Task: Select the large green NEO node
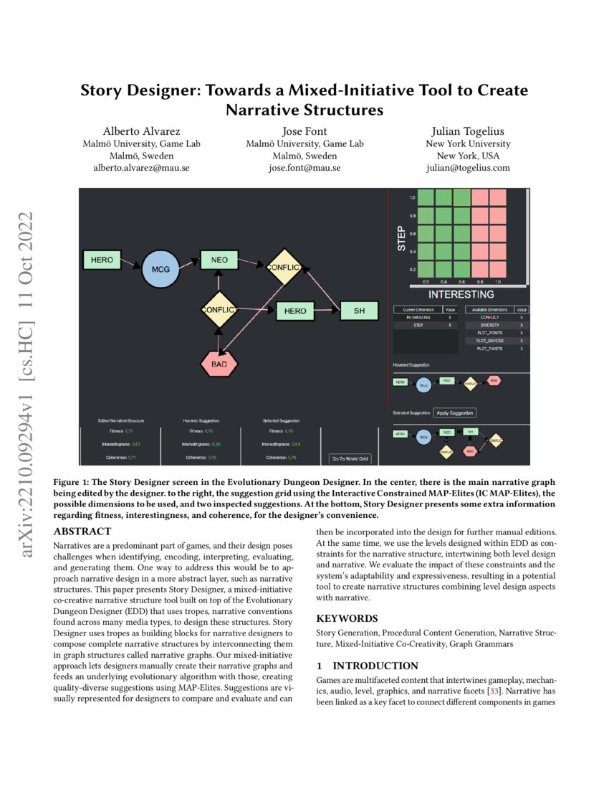[219, 260]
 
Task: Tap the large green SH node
[359, 310]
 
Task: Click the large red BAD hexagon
[219, 364]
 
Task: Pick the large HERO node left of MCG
[102, 260]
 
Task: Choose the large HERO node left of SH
[295, 311]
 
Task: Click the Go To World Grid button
[350, 458]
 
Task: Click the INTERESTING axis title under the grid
[461, 294]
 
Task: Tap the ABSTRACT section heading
[83, 531]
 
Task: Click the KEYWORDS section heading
[347, 618]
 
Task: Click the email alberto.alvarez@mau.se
[141, 168]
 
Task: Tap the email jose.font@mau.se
[304, 168]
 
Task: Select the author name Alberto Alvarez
[141, 131]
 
